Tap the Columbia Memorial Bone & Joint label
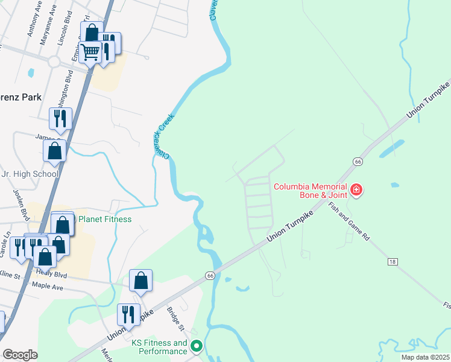tap(311, 191)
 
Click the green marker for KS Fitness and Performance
tap(196, 347)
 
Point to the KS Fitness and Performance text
tap(159, 347)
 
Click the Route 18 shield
tap(393, 261)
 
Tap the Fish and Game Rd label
tap(349, 221)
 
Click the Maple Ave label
tap(48, 285)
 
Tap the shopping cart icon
tap(90, 52)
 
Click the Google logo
tap(20, 355)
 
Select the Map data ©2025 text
tap(425, 357)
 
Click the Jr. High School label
tap(30, 174)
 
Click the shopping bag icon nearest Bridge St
tap(140, 280)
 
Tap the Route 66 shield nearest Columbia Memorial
tap(358, 162)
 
